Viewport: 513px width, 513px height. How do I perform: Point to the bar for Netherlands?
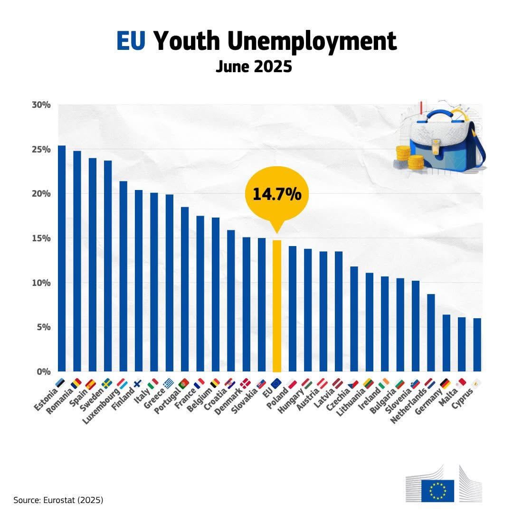tap(431, 332)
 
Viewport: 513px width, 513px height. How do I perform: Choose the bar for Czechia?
tap(354, 319)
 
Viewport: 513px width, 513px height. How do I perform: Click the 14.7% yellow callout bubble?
tap(276, 194)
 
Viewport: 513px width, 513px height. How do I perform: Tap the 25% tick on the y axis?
tap(41, 150)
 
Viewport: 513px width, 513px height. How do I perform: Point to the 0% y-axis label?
tap(44, 371)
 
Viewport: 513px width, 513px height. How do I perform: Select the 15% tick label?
tap(41, 238)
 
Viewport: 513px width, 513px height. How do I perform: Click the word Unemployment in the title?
tap(312, 41)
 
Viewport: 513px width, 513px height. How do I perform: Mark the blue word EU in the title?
tap(131, 41)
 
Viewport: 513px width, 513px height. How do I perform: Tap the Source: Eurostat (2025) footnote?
tap(58, 500)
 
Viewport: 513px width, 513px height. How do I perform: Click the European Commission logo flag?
tap(437, 490)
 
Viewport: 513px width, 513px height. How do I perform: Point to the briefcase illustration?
tap(442, 138)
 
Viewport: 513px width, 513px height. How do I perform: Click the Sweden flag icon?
tap(107, 383)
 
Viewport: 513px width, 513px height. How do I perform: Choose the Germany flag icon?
tap(446, 383)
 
